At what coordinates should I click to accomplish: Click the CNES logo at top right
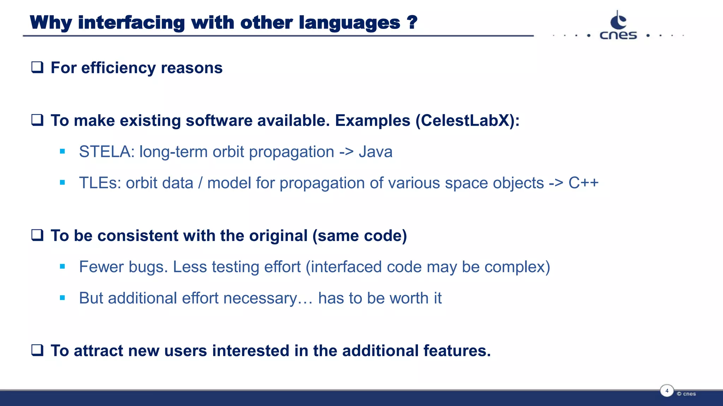(618, 26)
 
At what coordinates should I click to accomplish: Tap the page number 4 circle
(667, 391)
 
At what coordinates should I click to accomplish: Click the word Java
(375, 152)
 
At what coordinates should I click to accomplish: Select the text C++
(583, 183)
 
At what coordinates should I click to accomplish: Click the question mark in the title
(412, 22)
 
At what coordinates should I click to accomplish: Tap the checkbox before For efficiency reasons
(37, 67)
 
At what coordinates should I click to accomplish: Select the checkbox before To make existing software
(37, 120)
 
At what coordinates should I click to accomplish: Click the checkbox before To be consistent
(37, 235)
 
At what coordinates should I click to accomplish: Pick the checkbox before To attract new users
(37, 350)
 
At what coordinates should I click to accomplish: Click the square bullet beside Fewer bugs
(62, 267)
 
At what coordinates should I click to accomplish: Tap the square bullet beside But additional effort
(62, 298)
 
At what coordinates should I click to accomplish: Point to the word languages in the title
(349, 23)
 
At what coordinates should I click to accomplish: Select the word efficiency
(118, 68)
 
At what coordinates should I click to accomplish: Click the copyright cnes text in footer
(686, 394)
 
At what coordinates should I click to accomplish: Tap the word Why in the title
(51, 23)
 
